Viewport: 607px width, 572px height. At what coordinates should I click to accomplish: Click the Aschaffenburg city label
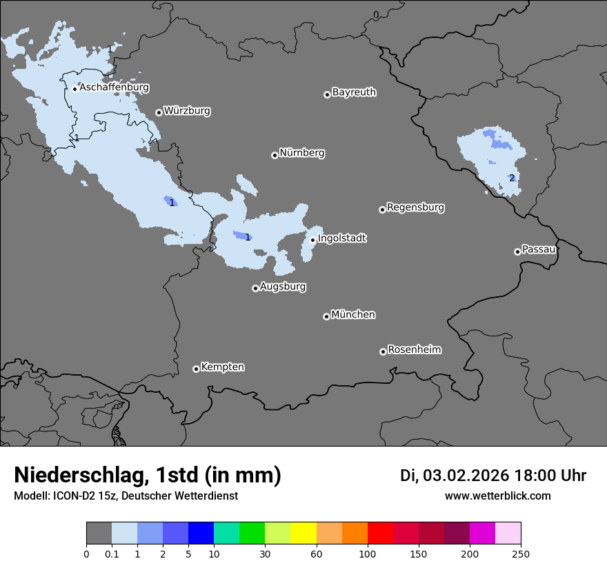pos(114,88)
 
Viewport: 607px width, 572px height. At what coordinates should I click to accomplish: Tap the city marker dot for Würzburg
pos(159,112)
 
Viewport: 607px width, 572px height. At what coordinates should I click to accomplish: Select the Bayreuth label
pos(354,92)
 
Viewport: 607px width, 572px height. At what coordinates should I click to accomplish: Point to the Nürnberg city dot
pos(275,155)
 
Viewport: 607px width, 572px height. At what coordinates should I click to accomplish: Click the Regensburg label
pos(415,207)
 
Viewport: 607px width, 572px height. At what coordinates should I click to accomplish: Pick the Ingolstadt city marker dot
pos(312,240)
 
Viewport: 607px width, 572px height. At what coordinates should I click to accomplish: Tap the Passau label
pos(539,249)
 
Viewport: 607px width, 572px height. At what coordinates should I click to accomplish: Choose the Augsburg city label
pos(283,286)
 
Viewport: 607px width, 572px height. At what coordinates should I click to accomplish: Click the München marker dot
pos(326,316)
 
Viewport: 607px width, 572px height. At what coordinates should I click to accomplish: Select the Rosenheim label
pos(414,349)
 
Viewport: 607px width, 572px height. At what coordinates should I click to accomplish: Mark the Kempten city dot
pos(196,369)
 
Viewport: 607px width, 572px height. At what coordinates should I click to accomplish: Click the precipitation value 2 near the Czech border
pos(511,178)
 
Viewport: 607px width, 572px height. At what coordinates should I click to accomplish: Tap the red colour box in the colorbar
pos(380,533)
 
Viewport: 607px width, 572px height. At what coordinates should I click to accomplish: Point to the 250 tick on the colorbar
pos(521,553)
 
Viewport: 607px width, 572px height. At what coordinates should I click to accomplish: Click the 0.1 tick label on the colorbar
pos(112,553)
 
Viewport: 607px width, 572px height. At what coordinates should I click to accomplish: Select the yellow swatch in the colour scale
pos(303,533)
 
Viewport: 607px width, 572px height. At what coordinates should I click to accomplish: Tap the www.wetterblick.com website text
pos(497,496)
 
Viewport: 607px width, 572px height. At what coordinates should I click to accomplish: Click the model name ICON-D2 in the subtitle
pos(72,496)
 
